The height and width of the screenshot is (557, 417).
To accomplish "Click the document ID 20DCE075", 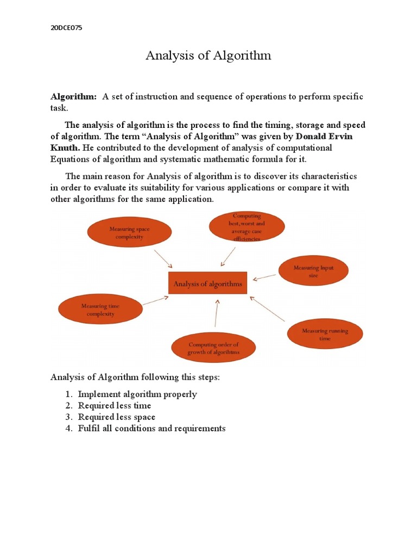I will (x=66, y=28).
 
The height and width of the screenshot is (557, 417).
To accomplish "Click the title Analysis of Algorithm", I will (x=208, y=55).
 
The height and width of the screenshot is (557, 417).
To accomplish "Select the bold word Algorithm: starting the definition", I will (x=73, y=97).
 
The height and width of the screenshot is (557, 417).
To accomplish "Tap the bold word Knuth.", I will (x=65, y=147).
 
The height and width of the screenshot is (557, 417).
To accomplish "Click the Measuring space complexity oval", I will (x=129, y=233).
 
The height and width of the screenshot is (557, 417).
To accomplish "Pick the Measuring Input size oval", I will (x=313, y=271).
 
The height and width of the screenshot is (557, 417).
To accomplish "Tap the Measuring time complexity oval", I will (x=100, y=310).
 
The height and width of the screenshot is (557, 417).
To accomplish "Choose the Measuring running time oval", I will (x=325, y=334).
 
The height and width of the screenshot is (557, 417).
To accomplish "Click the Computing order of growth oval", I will (x=213, y=348).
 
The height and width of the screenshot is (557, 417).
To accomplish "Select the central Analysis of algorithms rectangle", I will (x=207, y=283).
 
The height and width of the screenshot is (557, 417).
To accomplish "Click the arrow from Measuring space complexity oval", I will (x=163, y=258).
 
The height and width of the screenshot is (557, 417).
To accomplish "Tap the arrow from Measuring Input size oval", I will (x=264, y=277).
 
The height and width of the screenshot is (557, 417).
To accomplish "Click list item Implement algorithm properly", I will (x=137, y=394).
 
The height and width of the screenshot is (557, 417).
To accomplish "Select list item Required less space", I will (x=117, y=417).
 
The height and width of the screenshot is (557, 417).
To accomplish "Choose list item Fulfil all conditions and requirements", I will (x=151, y=429).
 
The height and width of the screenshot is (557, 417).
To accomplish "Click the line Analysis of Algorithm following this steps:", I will (x=135, y=377).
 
